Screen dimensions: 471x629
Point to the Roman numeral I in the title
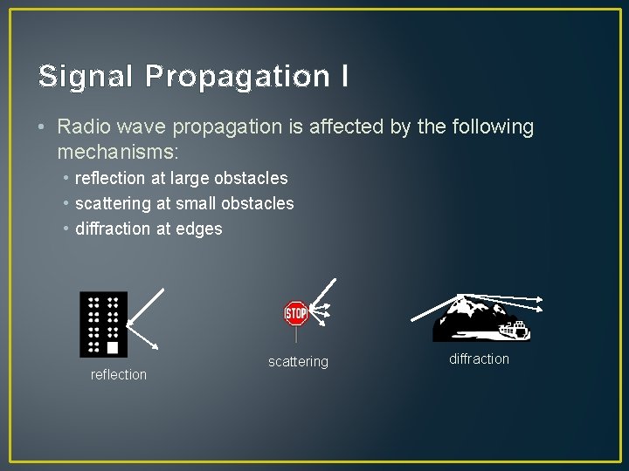pyautogui.click(x=343, y=76)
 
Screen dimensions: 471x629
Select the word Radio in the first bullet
pyautogui.click(x=81, y=126)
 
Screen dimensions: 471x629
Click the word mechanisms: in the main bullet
pyautogui.click(x=117, y=152)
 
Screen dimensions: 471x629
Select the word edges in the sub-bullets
pyautogui.click(x=200, y=229)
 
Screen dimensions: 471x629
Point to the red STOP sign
pyautogui.click(x=296, y=313)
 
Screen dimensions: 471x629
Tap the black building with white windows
pyautogui.click(x=103, y=324)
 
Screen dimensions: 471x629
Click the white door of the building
pyautogui.click(x=112, y=347)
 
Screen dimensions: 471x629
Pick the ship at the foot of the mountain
pyautogui.click(x=513, y=330)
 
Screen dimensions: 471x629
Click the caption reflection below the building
pyautogui.click(x=119, y=374)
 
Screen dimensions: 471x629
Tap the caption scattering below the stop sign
pyautogui.click(x=298, y=361)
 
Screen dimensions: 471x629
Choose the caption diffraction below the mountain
pyautogui.click(x=479, y=358)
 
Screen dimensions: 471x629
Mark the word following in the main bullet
pyautogui.click(x=494, y=126)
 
